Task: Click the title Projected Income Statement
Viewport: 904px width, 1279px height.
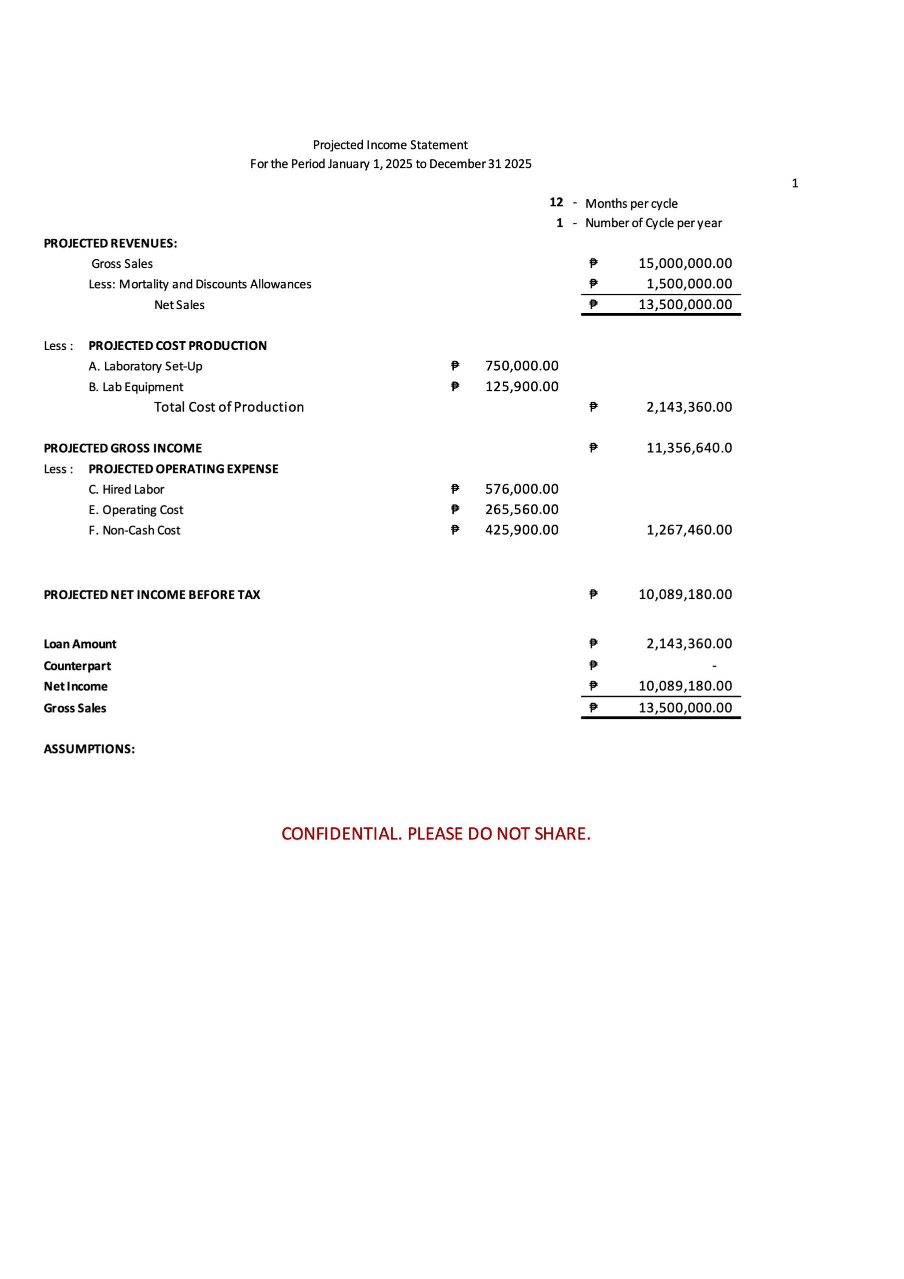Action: tap(390, 145)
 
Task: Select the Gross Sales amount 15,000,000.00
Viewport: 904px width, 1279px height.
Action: tap(685, 263)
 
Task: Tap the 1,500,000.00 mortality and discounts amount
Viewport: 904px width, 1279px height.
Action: tap(689, 284)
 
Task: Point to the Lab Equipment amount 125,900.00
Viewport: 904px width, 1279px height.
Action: tap(521, 386)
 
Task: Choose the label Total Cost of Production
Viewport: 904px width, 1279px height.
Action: tap(228, 407)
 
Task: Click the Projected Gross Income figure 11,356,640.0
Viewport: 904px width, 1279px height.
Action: tap(689, 447)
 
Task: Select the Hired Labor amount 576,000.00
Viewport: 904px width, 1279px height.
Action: tap(521, 489)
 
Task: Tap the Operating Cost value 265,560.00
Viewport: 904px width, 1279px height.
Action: tap(521, 509)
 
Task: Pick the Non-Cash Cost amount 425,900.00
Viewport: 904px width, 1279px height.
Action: tap(521, 530)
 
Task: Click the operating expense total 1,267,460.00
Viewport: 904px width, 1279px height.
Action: tap(689, 530)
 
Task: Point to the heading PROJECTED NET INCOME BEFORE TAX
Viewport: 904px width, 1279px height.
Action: tap(151, 595)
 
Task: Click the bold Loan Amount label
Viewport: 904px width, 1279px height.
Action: tap(79, 644)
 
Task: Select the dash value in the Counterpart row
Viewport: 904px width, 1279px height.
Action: tap(714, 665)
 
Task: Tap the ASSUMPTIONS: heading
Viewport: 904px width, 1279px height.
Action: tap(89, 749)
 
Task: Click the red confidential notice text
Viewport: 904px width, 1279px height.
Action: tap(435, 833)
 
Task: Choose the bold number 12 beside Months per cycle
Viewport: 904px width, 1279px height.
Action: tap(556, 202)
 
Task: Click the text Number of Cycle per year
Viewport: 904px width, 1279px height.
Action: tap(653, 223)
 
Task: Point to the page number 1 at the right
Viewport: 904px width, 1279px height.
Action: tap(795, 183)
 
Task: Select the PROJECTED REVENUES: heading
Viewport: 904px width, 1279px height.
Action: tap(110, 243)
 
